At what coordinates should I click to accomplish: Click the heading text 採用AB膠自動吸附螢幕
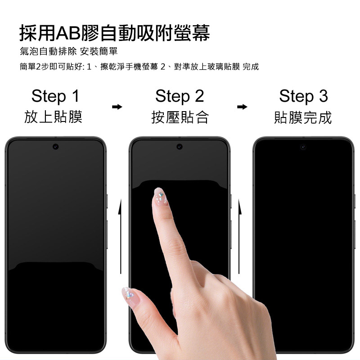[x=115, y=33]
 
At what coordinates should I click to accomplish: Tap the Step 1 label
[x=55, y=96]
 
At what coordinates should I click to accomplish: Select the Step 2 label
[x=180, y=96]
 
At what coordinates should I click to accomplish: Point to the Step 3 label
[x=303, y=96]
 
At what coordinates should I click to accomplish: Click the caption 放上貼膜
[x=53, y=117]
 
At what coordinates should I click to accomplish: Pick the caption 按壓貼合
[x=180, y=117]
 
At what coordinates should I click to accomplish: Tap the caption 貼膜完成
[x=303, y=117]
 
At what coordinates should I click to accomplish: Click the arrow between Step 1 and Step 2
[x=117, y=107]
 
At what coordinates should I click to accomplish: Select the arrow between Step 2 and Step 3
[x=242, y=107]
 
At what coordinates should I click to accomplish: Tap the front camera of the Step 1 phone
[x=55, y=147]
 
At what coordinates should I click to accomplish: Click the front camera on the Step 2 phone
[x=180, y=147]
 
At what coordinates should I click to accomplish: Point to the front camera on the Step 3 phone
[x=303, y=147]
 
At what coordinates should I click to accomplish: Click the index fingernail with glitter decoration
[x=160, y=196]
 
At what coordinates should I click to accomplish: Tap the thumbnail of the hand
[x=129, y=297]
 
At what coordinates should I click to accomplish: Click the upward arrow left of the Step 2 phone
[x=120, y=237]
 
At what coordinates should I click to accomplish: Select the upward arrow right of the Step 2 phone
[x=239, y=237]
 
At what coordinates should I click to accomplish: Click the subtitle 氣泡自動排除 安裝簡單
[x=69, y=51]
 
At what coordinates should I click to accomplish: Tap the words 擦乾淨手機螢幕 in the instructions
[x=129, y=67]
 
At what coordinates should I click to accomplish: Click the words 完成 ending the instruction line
[x=251, y=67]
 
